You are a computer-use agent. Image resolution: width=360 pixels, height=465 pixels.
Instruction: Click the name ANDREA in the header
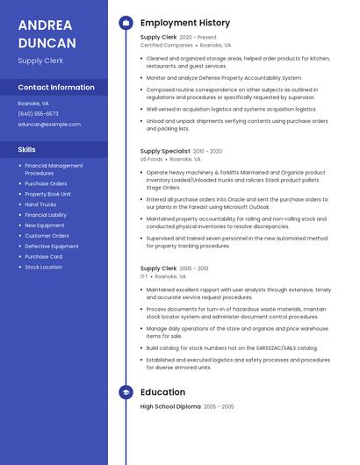pyautogui.click(x=46, y=25)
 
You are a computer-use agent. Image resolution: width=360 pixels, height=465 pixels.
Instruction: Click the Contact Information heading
pyautogui.click(x=56, y=88)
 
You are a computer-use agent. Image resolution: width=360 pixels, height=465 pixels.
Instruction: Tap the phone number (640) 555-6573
pyautogui.click(x=38, y=114)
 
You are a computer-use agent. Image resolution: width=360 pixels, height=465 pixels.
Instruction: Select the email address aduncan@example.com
pyautogui.click(x=49, y=125)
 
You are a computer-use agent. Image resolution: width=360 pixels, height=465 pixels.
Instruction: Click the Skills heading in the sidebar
pyautogui.click(x=27, y=149)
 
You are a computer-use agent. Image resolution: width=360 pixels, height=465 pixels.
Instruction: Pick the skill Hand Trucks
pyautogui.click(x=40, y=204)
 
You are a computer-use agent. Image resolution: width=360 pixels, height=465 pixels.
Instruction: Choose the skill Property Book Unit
pyautogui.click(x=48, y=194)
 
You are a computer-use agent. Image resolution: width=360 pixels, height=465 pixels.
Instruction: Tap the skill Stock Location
pyautogui.click(x=44, y=267)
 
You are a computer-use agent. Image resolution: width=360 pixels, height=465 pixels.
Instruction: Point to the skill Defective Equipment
pyautogui.click(x=52, y=246)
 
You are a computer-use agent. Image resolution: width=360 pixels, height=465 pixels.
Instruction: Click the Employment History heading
pyautogui.click(x=185, y=23)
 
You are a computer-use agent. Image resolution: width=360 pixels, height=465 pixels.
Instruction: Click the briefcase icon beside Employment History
pyautogui.click(x=126, y=23)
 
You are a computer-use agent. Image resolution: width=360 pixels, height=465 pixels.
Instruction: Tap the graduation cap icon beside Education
pyautogui.click(x=126, y=392)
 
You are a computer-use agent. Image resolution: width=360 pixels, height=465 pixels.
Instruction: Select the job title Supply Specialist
pyautogui.click(x=165, y=151)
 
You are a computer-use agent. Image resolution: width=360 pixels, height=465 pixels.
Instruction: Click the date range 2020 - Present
pyautogui.click(x=198, y=38)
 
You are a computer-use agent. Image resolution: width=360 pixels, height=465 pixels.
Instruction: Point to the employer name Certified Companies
pyautogui.click(x=166, y=45)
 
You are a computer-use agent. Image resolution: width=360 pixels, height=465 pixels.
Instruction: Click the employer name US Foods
pyautogui.click(x=151, y=160)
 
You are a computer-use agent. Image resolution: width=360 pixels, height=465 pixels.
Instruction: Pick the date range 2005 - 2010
pyautogui.click(x=194, y=268)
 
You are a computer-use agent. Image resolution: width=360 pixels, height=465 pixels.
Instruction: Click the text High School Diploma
pyautogui.click(x=169, y=407)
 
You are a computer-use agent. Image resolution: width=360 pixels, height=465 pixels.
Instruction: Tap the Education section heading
pyautogui.click(x=162, y=392)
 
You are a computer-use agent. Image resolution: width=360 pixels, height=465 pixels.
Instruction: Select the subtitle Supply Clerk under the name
pyautogui.click(x=40, y=61)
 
